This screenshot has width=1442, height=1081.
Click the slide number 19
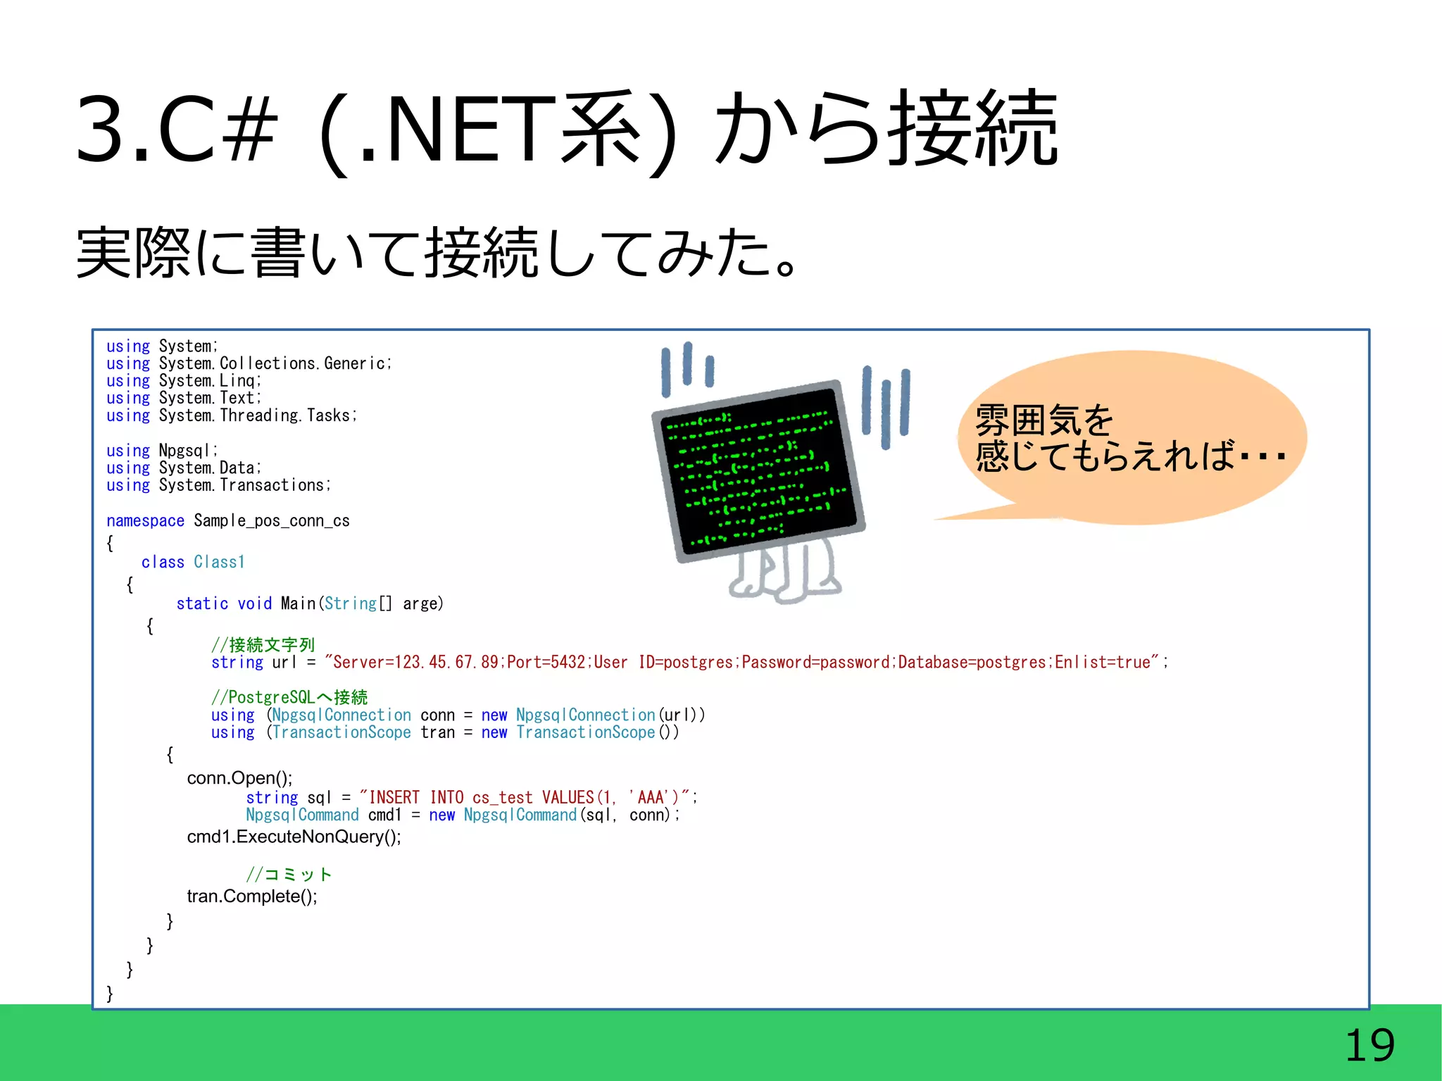point(1369,1045)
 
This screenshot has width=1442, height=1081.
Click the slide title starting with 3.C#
point(567,130)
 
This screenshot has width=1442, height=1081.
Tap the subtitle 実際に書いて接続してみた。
point(437,252)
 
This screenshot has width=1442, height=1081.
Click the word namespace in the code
point(145,521)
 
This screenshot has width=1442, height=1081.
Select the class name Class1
point(219,562)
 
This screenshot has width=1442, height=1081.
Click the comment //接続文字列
point(263,644)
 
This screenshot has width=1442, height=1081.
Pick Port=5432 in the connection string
point(546,663)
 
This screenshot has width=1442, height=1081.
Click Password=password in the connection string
point(815,663)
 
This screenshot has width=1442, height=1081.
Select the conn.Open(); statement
point(239,778)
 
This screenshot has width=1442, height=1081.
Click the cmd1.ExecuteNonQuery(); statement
point(294,837)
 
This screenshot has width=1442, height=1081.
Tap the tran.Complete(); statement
point(252,896)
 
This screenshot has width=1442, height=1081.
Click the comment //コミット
point(289,875)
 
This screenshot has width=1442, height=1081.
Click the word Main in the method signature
point(299,604)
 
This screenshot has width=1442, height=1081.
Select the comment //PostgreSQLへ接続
point(289,697)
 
